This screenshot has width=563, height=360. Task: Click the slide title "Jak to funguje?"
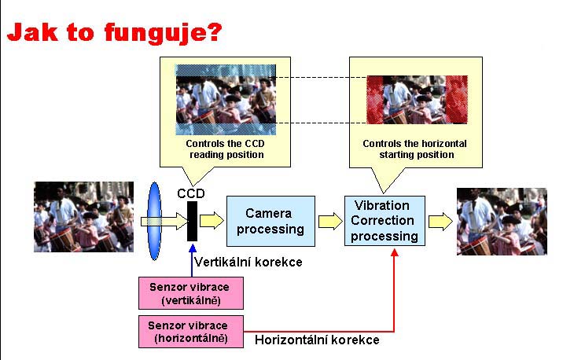(x=114, y=32)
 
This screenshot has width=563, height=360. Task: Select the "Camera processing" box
(x=270, y=221)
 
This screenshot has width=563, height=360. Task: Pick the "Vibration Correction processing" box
(x=384, y=221)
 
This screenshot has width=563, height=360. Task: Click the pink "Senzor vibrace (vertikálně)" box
(x=190, y=292)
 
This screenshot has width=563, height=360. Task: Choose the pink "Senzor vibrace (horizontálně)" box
(x=190, y=331)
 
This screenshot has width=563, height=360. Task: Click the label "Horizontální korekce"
(x=317, y=340)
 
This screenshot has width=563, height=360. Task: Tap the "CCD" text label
(x=190, y=193)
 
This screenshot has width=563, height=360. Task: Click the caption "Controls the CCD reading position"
(x=225, y=149)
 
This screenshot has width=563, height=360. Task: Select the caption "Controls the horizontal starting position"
(x=414, y=149)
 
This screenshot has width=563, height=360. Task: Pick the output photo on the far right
(x=501, y=221)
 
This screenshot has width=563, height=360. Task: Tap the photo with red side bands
(x=417, y=100)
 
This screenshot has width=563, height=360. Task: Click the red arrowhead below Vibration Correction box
(x=394, y=252)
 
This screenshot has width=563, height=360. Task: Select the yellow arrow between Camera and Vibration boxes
(x=329, y=221)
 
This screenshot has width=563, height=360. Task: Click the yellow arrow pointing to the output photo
(x=440, y=221)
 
